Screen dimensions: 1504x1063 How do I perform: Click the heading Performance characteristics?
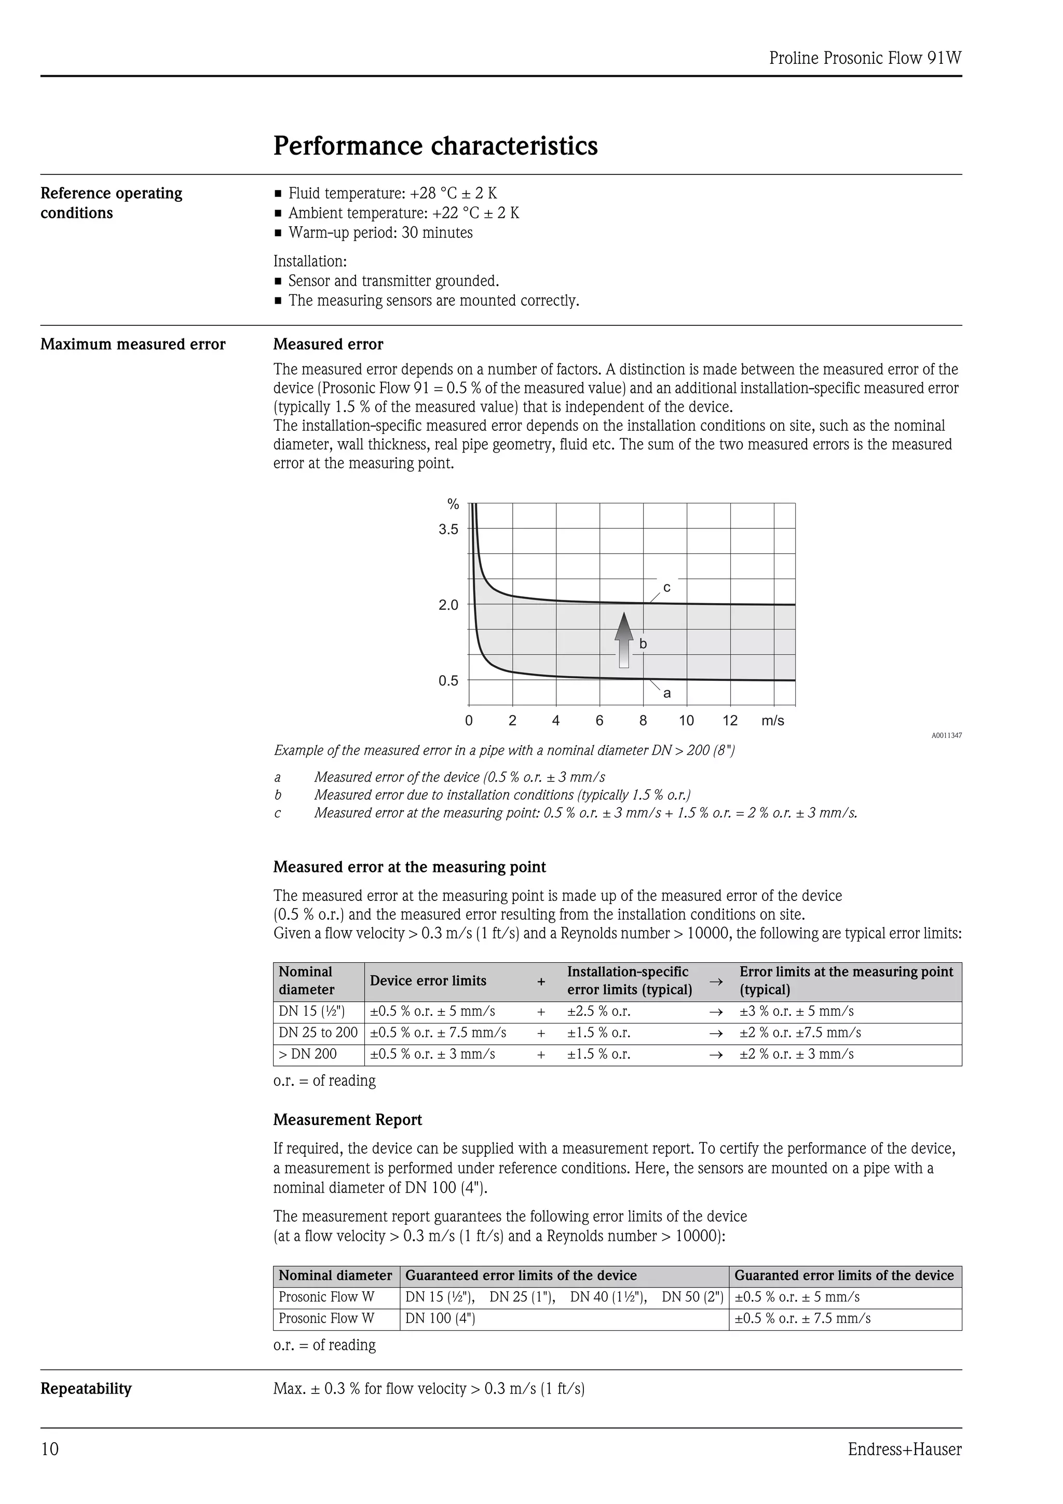[x=435, y=145]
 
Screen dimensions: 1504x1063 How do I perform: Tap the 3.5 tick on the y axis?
[x=448, y=529]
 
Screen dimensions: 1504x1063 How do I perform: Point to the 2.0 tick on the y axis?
[x=448, y=605]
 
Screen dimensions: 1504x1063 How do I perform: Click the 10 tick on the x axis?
[x=686, y=721]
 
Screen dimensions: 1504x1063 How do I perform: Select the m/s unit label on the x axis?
[x=772, y=721]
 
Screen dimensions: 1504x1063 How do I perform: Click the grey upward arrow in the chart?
[x=624, y=639]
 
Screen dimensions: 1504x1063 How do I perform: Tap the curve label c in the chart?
[x=667, y=587]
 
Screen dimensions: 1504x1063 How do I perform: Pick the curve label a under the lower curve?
[x=667, y=693]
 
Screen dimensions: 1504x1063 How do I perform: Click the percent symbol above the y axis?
[x=453, y=504]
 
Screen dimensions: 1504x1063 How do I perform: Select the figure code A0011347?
[x=946, y=735]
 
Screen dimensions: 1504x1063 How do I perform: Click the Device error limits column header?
[x=428, y=981]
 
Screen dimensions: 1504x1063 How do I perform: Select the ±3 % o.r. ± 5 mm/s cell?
[x=796, y=1011]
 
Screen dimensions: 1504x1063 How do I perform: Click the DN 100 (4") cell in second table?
[x=440, y=1319]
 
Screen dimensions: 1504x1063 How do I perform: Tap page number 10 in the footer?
[x=50, y=1450]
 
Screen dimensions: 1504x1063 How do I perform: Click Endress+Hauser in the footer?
[x=905, y=1450]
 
